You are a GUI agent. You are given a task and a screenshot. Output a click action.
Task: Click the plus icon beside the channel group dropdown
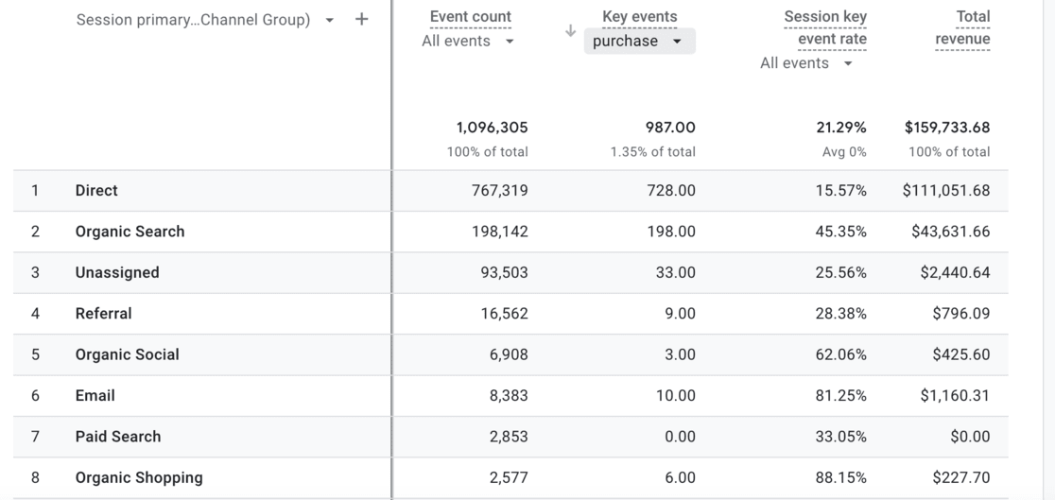[362, 19]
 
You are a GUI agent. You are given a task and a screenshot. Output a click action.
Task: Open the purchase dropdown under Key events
[639, 42]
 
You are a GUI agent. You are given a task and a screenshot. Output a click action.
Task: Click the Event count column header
[470, 17]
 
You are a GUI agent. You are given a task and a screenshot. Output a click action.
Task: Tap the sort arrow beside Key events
[570, 31]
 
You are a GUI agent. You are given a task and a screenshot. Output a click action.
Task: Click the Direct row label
[96, 191]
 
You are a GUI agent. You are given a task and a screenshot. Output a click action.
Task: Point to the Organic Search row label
[130, 232]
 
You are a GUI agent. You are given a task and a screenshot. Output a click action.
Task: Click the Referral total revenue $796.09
[960, 314]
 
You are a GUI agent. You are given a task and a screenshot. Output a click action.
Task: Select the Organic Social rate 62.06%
[840, 354]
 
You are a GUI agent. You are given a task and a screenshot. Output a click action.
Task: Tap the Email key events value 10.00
[675, 396]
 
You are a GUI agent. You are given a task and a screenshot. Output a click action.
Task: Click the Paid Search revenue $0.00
[970, 437]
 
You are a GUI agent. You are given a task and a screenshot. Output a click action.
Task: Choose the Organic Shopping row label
[139, 477]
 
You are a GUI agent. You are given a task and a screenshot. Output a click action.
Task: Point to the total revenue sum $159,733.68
[946, 128]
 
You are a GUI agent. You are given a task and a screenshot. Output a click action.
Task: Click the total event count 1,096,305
[492, 128]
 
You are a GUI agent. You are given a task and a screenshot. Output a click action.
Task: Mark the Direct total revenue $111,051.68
[946, 191]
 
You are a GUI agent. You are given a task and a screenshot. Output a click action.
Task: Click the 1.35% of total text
[652, 152]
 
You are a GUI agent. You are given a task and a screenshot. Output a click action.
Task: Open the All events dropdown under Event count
[469, 42]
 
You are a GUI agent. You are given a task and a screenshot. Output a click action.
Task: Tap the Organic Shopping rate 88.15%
[840, 477]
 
